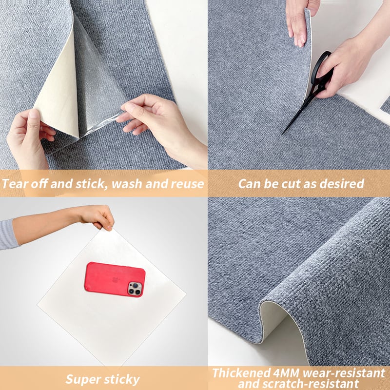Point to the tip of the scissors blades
[x=283, y=134]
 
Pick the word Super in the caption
[x=83, y=379]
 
